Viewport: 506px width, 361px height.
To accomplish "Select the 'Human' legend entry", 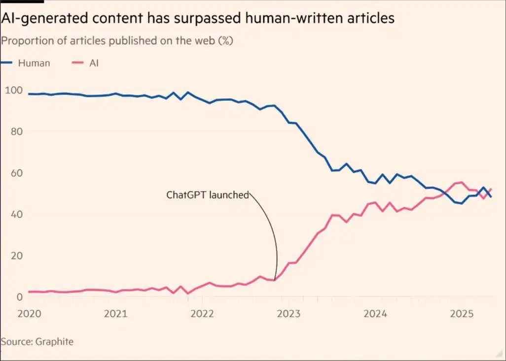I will coord(34,63).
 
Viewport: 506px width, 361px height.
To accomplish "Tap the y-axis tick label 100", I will coord(14,90).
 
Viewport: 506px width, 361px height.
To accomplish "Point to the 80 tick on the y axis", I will coord(12,131).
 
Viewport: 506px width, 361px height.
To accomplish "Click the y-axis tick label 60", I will coord(12,173).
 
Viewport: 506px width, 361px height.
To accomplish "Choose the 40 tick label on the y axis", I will coord(12,214).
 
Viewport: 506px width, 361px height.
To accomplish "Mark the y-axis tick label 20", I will coord(12,256).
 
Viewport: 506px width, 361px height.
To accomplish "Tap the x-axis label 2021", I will coord(116,314).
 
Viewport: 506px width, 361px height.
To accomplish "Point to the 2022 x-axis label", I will coord(201,314).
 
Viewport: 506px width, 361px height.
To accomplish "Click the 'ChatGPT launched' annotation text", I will coord(207,195).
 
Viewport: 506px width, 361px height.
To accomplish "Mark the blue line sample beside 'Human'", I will coord(6,63).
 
